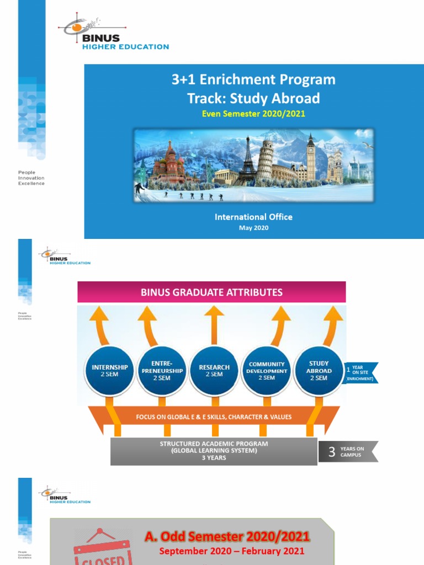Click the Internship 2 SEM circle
(x=110, y=370)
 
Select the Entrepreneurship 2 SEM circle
(x=162, y=370)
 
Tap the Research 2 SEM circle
(x=214, y=370)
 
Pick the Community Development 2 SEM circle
(x=267, y=370)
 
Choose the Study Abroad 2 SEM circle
(x=319, y=370)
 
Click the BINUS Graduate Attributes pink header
(x=211, y=292)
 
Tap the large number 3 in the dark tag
(x=331, y=452)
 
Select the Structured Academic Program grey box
(x=214, y=450)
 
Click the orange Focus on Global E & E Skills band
(x=214, y=417)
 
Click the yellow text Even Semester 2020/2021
(x=253, y=114)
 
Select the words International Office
(x=253, y=217)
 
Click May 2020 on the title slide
(x=253, y=228)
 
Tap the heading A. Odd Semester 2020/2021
(x=227, y=536)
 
